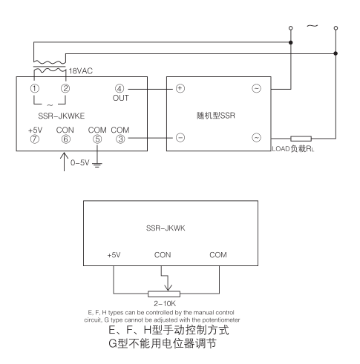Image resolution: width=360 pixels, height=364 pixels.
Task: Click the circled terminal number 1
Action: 34,89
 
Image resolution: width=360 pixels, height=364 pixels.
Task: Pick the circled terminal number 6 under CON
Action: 66,137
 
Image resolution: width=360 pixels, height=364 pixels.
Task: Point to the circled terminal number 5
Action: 96,137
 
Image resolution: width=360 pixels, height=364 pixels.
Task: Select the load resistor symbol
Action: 301,138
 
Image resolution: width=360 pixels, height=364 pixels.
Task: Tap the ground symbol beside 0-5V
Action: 96,164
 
